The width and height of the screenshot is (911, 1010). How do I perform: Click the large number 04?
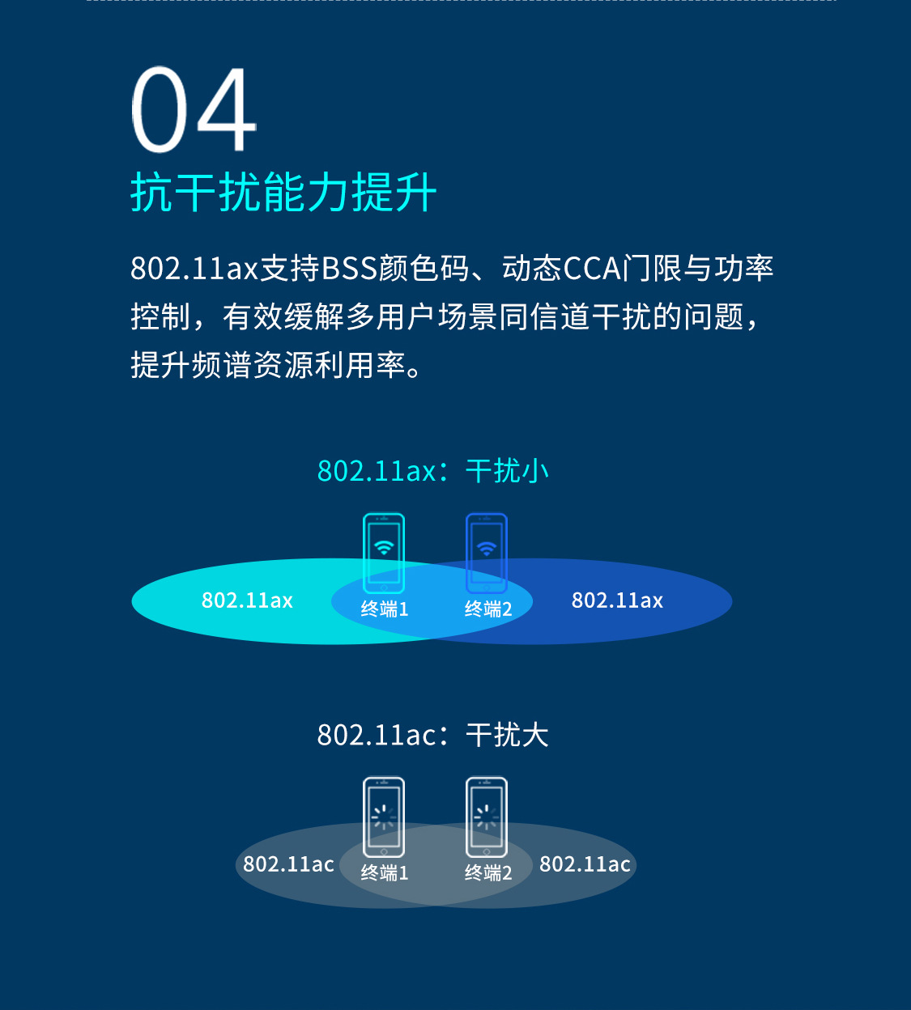[x=194, y=110]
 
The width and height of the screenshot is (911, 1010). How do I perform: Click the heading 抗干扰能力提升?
[x=283, y=193]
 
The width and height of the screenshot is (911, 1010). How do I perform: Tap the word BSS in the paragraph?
[x=349, y=269]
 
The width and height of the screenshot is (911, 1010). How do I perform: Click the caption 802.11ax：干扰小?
[x=433, y=471]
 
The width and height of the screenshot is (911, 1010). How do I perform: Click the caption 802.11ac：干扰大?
[x=433, y=735]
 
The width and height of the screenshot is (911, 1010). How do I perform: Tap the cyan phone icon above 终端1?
[x=384, y=554]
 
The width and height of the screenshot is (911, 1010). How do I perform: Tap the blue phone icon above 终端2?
[x=487, y=554]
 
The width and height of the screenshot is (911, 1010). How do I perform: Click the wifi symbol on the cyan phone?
[x=384, y=548]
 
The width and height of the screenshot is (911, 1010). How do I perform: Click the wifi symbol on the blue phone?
[x=487, y=548]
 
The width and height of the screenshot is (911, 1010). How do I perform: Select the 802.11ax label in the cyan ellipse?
[x=247, y=600]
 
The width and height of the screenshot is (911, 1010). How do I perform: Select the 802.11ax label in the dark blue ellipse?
[x=617, y=600]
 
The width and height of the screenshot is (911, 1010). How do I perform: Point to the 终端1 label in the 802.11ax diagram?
[x=385, y=609]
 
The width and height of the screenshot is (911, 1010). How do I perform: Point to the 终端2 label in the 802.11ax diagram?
[x=488, y=609]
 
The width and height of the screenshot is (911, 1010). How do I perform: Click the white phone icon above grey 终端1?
[x=384, y=817]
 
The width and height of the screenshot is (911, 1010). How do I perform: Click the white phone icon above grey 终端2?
[x=487, y=817]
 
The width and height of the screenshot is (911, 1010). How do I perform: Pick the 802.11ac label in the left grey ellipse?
[x=288, y=864]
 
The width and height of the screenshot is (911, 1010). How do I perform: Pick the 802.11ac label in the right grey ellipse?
[x=585, y=864]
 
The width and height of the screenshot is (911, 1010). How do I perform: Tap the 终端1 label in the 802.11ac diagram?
[x=385, y=873]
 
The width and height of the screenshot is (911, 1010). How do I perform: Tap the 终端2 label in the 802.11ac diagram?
[x=488, y=873]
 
